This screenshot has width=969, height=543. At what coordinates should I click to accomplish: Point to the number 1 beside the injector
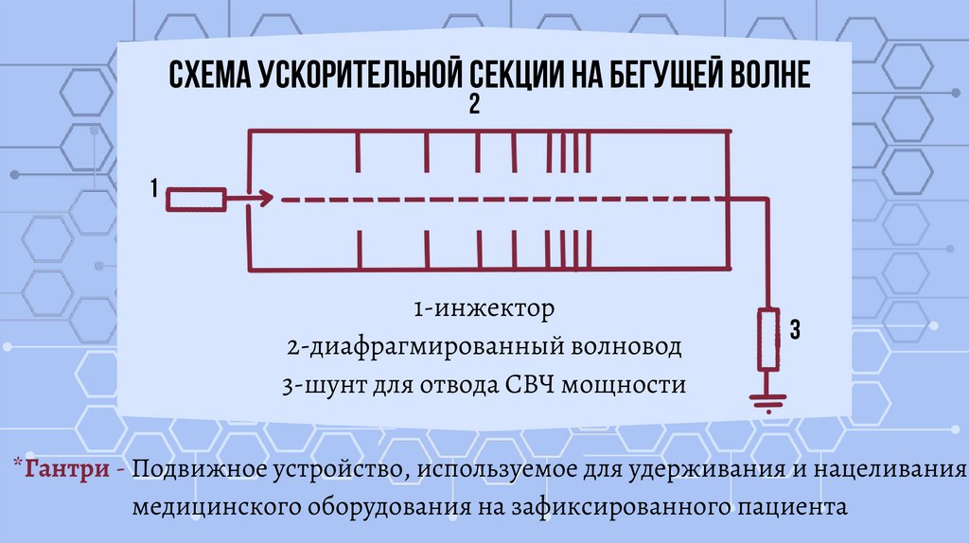point(152,190)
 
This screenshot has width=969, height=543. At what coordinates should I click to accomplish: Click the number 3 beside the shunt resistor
point(795,330)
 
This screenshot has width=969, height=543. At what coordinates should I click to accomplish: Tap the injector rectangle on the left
point(195,199)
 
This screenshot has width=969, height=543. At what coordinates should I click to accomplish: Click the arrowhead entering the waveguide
point(265,199)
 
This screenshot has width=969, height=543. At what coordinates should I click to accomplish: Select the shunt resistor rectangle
point(766,340)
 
